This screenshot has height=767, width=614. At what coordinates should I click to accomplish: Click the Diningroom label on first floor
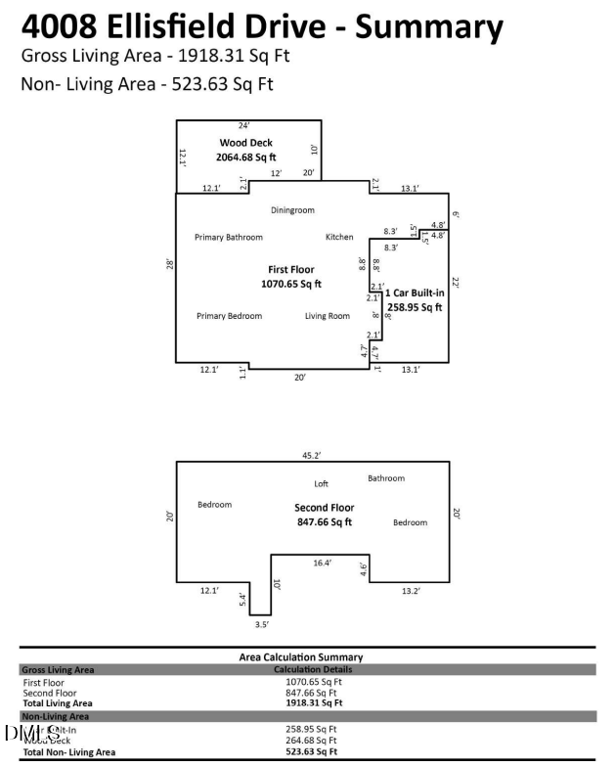pyautogui.click(x=292, y=210)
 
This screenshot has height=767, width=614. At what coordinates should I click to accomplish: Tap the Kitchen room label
pyautogui.click(x=339, y=238)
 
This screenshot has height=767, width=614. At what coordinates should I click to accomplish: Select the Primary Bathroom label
pyautogui.click(x=229, y=238)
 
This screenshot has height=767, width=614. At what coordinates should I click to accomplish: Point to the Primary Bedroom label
pyautogui.click(x=229, y=316)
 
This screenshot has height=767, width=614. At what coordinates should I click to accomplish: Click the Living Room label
pyautogui.click(x=328, y=316)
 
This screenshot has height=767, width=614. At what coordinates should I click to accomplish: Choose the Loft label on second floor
pyautogui.click(x=321, y=484)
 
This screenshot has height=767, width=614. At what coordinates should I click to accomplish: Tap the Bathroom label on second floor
pyautogui.click(x=385, y=478)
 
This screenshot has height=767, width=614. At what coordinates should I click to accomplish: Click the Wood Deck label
pyautogui.click(x=245, y=143)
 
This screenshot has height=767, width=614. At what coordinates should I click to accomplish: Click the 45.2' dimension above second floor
pyautogui.click(x=312, y=454)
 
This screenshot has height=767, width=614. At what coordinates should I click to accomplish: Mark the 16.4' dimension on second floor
pyautogui.click(x=322, y=564)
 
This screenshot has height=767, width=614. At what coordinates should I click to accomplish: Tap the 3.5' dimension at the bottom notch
pyautogui.click(x=260, y=623)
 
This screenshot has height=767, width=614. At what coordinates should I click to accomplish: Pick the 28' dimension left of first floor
pyautogui.click(x=168, y=265)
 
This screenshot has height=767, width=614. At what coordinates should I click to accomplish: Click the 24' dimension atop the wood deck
pyautogui.click(x=244, y=125)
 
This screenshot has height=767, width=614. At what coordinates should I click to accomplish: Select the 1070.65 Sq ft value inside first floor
pyautogui.click(x=291, y=284)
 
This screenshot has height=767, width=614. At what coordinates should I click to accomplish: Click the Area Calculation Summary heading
pyautogui.click(x=300, y=657)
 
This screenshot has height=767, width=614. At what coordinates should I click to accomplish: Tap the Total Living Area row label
pyautogui.click(x=58, y=702)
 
